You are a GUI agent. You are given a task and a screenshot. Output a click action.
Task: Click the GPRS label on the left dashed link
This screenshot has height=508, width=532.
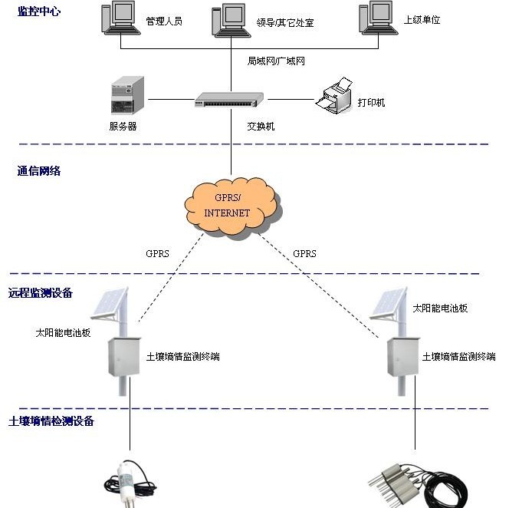point(157,253)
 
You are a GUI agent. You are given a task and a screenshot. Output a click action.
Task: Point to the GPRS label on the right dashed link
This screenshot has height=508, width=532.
point(304,253)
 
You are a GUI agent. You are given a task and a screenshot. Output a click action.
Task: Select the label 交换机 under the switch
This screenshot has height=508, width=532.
point(260,127)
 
